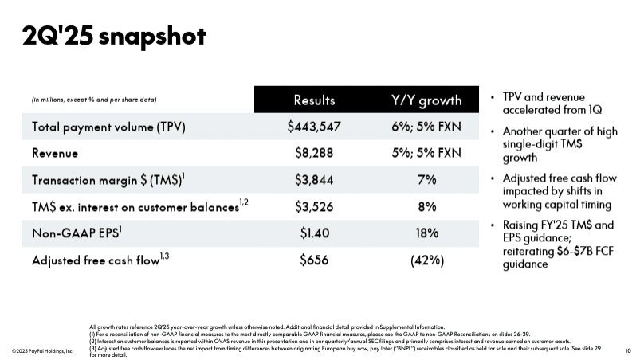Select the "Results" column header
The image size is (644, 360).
314,100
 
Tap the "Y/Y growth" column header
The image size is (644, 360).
426,100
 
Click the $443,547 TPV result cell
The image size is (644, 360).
314,126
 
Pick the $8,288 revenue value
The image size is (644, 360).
314,152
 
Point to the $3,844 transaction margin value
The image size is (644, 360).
314,179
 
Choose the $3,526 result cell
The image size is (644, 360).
314,206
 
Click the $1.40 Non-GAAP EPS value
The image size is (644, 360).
314,233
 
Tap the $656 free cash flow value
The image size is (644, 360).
314,260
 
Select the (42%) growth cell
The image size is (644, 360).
426,260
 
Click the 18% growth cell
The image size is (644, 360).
426,233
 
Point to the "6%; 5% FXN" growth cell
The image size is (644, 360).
426,126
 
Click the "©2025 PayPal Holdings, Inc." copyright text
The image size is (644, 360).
42,350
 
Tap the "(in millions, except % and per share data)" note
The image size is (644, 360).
94,100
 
